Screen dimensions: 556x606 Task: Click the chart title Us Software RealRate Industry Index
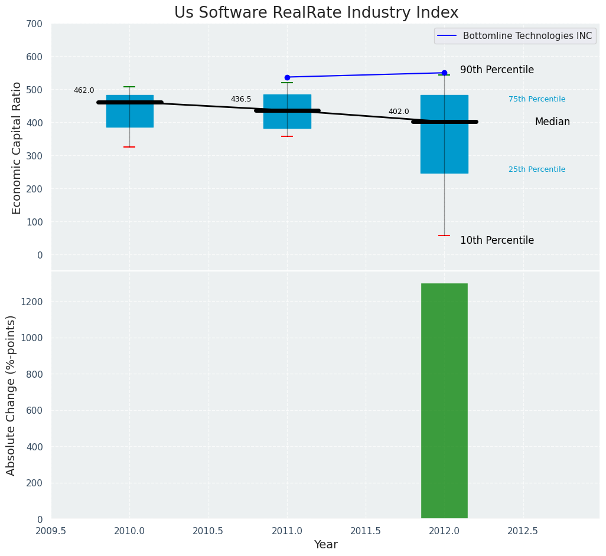[316, 12]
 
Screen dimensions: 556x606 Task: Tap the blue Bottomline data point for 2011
[287, 77]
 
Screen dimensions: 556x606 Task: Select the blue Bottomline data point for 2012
[444, 73]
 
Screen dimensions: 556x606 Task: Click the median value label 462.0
[84, 90]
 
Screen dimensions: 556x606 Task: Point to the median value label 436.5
[241, 99]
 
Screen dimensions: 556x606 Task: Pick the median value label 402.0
[399, 112]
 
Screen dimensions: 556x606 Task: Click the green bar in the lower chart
[444, 401]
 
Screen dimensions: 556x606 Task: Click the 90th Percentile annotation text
[497, 70]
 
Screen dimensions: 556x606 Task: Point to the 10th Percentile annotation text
[497, 240]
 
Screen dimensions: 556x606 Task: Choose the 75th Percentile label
[537, 99]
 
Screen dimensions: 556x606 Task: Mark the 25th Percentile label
[537, 169]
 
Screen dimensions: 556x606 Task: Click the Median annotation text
[552, 122]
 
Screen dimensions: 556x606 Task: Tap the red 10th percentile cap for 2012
[444, 236]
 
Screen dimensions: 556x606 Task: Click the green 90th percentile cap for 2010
[130, 87]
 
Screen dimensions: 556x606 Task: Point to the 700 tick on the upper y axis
[34, 24]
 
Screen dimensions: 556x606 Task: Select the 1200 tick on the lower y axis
[32, 302]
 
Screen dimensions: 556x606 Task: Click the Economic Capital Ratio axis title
[17, 148]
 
